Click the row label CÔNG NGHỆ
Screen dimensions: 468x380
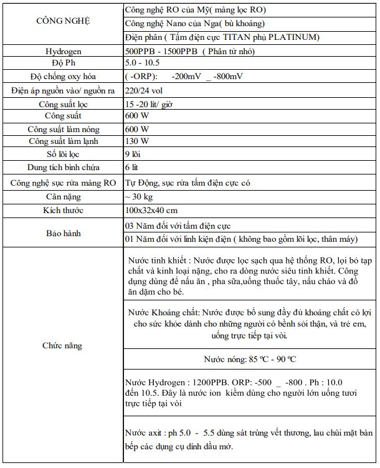[x=62, y=21]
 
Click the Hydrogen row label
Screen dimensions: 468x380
[x=62, y=51]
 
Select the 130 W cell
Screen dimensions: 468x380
[x=137, y=141]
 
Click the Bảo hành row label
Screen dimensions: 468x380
[x=62, y=232]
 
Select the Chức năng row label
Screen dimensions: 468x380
[x=62, y=345]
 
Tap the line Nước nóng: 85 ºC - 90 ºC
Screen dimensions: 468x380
[x=250, y=360]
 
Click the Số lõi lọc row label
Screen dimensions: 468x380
[x=62, y=154]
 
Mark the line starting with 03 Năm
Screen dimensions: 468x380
[x=182, y=226]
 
